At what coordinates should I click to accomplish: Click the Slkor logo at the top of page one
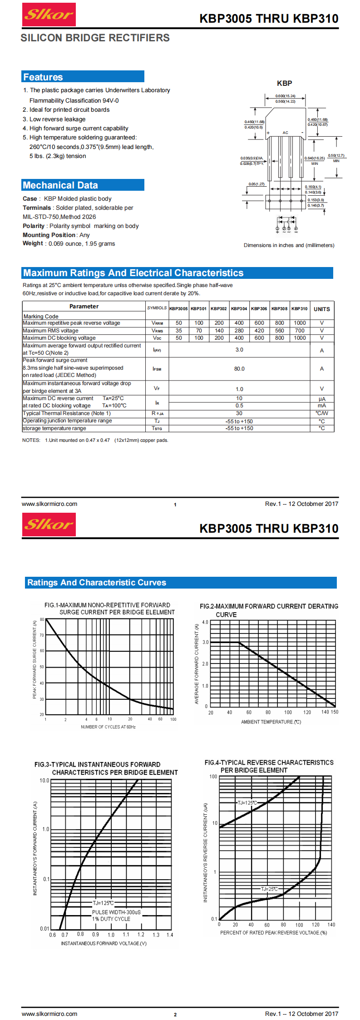(49, 15)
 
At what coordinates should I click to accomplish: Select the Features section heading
(43, 77)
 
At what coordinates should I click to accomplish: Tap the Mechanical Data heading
(60, 185)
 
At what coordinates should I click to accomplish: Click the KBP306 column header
(259, 308)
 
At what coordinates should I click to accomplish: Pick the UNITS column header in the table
(321, 309)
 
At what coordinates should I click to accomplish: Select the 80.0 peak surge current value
(239, 369)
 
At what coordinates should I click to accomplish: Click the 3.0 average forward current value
(239, 350)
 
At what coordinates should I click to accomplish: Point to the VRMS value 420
(259, 331)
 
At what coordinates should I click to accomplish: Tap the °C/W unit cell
(321, 413)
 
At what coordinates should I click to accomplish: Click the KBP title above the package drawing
(285, 83)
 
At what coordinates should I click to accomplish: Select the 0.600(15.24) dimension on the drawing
(285, 96)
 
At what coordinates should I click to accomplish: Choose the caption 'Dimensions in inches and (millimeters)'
(289, 245)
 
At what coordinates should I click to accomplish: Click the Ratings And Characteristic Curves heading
(97, 583)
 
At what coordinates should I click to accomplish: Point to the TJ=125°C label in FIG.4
(247, 803)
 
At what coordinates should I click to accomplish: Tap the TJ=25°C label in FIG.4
(269, 889)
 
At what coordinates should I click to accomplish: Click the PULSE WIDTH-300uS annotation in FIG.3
(116, 912)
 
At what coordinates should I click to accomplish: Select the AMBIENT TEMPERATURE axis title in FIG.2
(271, 722)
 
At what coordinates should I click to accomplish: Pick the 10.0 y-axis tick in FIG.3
(44, 781)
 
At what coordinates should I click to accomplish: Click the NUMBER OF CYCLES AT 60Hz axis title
(108, 727)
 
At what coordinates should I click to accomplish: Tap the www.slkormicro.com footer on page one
(49, 504)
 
